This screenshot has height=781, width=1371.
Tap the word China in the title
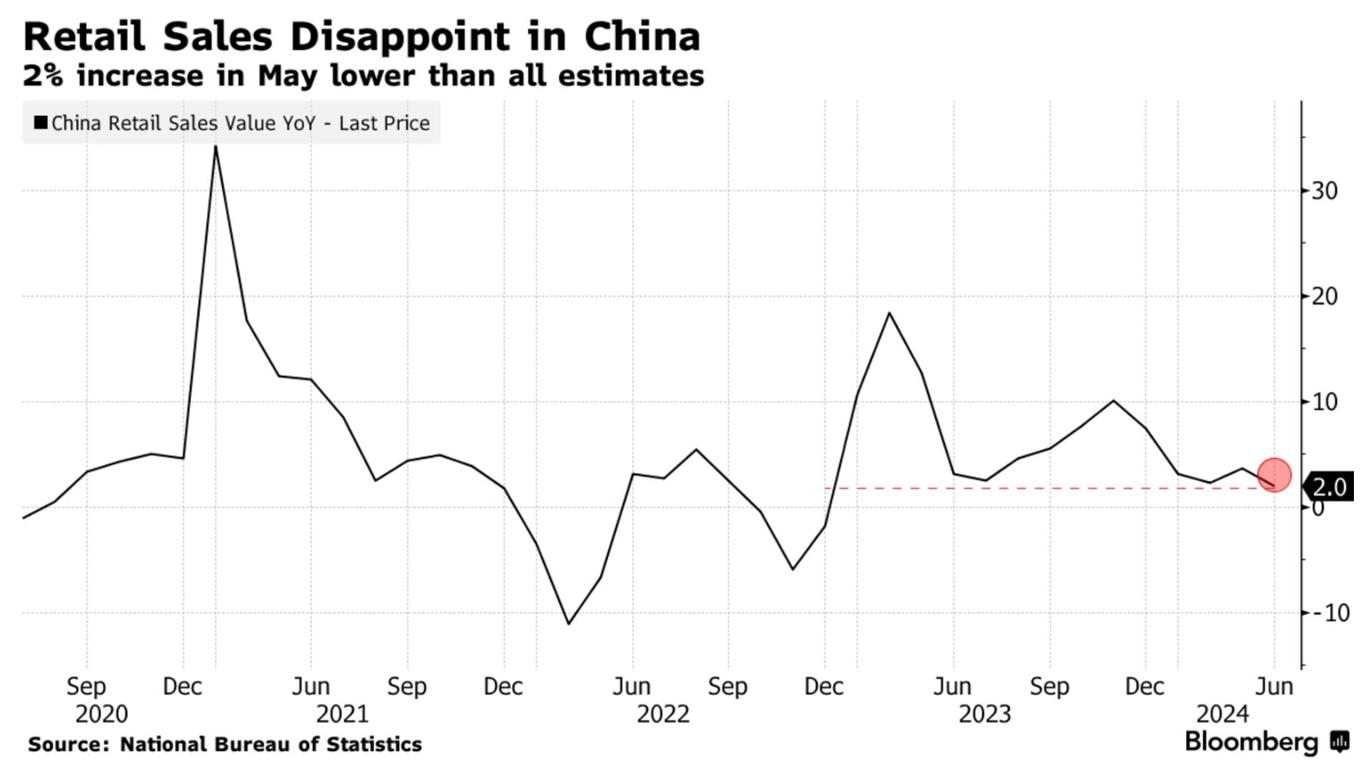[x=642, y=37]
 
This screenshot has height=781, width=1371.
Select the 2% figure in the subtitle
[x=43, y=76]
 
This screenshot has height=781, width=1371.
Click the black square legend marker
[x=40, y=123]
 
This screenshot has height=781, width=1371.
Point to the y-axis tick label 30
[x=1325, y=191]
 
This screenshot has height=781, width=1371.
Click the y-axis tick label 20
[x=1325, y=297]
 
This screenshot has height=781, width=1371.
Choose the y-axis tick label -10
[x=1329, y=613]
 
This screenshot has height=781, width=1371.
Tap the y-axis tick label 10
[x=1325, y=402]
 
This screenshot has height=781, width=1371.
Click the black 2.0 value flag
[x=1329, y=488]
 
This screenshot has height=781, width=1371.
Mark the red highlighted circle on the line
[x=1274, y=474]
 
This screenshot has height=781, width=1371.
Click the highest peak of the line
[x=215, y=148]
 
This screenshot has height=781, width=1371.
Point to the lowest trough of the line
[x=568, y=624]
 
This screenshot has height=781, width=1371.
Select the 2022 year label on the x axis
[x=663, y=715]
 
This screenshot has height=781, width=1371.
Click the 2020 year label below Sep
[x=101, y=715]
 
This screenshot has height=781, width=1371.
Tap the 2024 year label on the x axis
[x=1222, y=715]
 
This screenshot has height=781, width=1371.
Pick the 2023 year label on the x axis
[x=984, y=715]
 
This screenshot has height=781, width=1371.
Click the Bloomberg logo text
[x=1251, y=742]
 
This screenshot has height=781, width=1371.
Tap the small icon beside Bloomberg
[x=1339, y=742]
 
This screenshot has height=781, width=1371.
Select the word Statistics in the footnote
[x=374, y=744]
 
